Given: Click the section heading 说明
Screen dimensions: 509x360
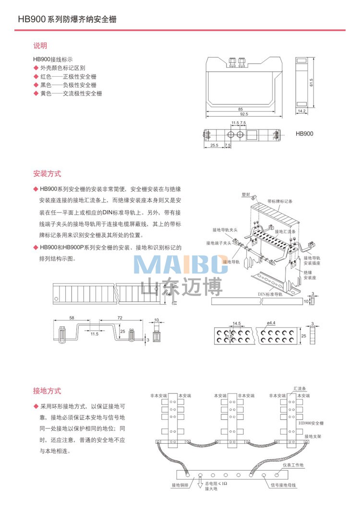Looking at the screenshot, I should tap(40, 46).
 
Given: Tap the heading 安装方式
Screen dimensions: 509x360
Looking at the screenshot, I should tap(47, 174).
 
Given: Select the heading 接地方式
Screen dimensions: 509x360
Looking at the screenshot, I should tap(47, 391).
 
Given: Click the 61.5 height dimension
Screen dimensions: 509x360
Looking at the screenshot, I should tap(311, 83).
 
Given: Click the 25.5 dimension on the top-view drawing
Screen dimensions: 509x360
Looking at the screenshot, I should tap(214, 145).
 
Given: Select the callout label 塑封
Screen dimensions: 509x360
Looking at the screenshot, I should tap(246, 195).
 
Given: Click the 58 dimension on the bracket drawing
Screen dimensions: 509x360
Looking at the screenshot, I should tap(72, 318).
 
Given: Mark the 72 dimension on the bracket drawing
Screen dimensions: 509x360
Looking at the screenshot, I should tap(120, 318).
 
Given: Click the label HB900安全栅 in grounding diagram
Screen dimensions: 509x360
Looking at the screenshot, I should tap(311, 423).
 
